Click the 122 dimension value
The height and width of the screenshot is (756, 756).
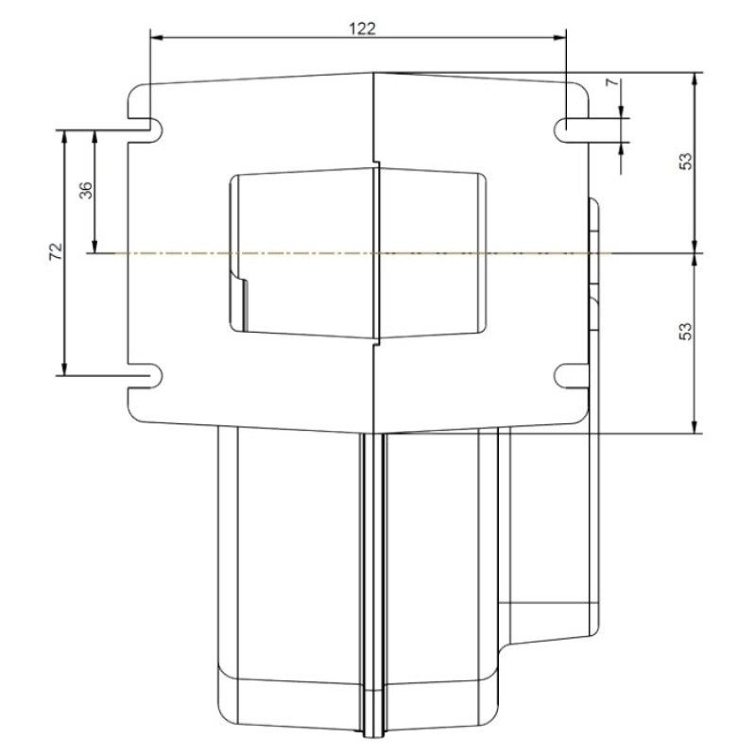click(x=362, y=29)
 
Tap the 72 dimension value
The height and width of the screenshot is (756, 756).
click(x=56, y=251)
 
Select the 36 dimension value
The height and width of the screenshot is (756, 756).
click(x=85, y=190)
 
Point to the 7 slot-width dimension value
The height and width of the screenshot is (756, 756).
click(x=611, y=82)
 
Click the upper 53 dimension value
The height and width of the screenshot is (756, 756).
click(x=685, y=161)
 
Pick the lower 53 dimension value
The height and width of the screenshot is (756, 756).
click(x=685, y=332)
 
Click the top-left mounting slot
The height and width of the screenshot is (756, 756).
click(x=146, y=130)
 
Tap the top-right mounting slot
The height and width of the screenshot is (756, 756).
click(x=571, y=130)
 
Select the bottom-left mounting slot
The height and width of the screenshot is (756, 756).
click(x=146, y=375)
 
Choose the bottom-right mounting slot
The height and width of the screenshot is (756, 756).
click(x=571, y=375)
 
